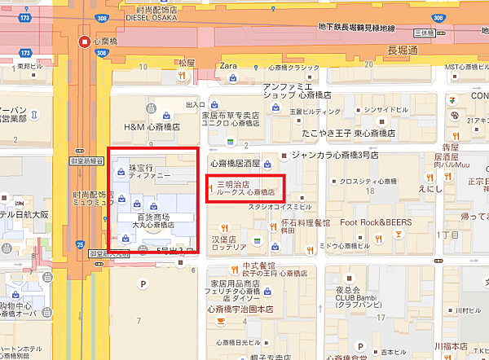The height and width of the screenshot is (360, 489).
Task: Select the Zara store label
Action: (228, 65)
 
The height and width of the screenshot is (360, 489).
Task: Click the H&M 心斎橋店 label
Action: (152, 128)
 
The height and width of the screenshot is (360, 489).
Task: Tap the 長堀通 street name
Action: (403, 50)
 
